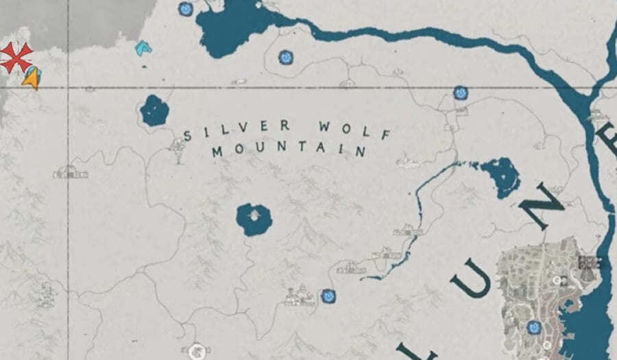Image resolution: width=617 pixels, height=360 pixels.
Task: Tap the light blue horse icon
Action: tap(143, 48)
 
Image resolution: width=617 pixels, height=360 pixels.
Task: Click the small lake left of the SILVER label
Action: tap(155, 110)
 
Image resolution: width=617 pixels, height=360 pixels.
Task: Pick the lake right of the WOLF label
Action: tap(500, 176)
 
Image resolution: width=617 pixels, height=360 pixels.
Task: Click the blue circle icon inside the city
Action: tap(533, 328)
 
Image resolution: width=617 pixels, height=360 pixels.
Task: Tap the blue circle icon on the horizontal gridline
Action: tap(461, 92)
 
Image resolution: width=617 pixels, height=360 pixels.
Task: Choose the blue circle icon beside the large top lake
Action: tap(185, 9)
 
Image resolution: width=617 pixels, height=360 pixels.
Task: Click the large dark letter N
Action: tap(542, 205)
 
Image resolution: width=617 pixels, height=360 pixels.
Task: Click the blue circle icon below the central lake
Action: tap(329, 296)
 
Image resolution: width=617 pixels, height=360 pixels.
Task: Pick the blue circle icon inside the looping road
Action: tap(285, 58)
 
